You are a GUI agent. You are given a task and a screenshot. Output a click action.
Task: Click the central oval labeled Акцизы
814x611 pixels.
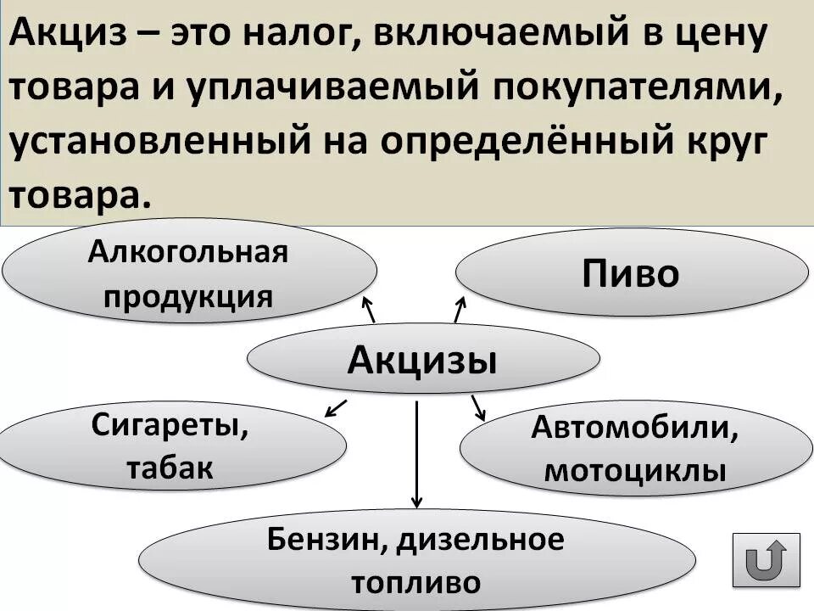(x=422, y=361)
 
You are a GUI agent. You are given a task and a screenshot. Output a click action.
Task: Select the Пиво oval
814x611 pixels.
(x=632, y=273)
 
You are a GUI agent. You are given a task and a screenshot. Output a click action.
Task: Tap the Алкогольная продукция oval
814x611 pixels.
(x=189, y=272)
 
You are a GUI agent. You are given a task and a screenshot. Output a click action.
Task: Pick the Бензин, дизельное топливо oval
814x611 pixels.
(x=415, y=560)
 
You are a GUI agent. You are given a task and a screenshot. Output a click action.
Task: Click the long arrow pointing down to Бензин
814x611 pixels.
(x=416, y=454)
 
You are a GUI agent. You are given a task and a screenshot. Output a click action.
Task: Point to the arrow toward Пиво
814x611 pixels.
(x=460, y=310)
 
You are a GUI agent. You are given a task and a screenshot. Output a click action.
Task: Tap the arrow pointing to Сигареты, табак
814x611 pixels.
(x=336, y=407)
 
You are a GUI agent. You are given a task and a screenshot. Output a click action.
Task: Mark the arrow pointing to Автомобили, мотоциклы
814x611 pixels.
(x=478, y=406)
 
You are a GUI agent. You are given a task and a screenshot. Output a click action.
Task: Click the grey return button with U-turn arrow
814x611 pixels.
(x=766, y=559)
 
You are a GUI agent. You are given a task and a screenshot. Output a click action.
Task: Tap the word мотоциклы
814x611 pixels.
(x=634, y=469)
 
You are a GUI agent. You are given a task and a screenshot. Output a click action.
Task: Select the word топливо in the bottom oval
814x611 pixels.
(x=415, y=582)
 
